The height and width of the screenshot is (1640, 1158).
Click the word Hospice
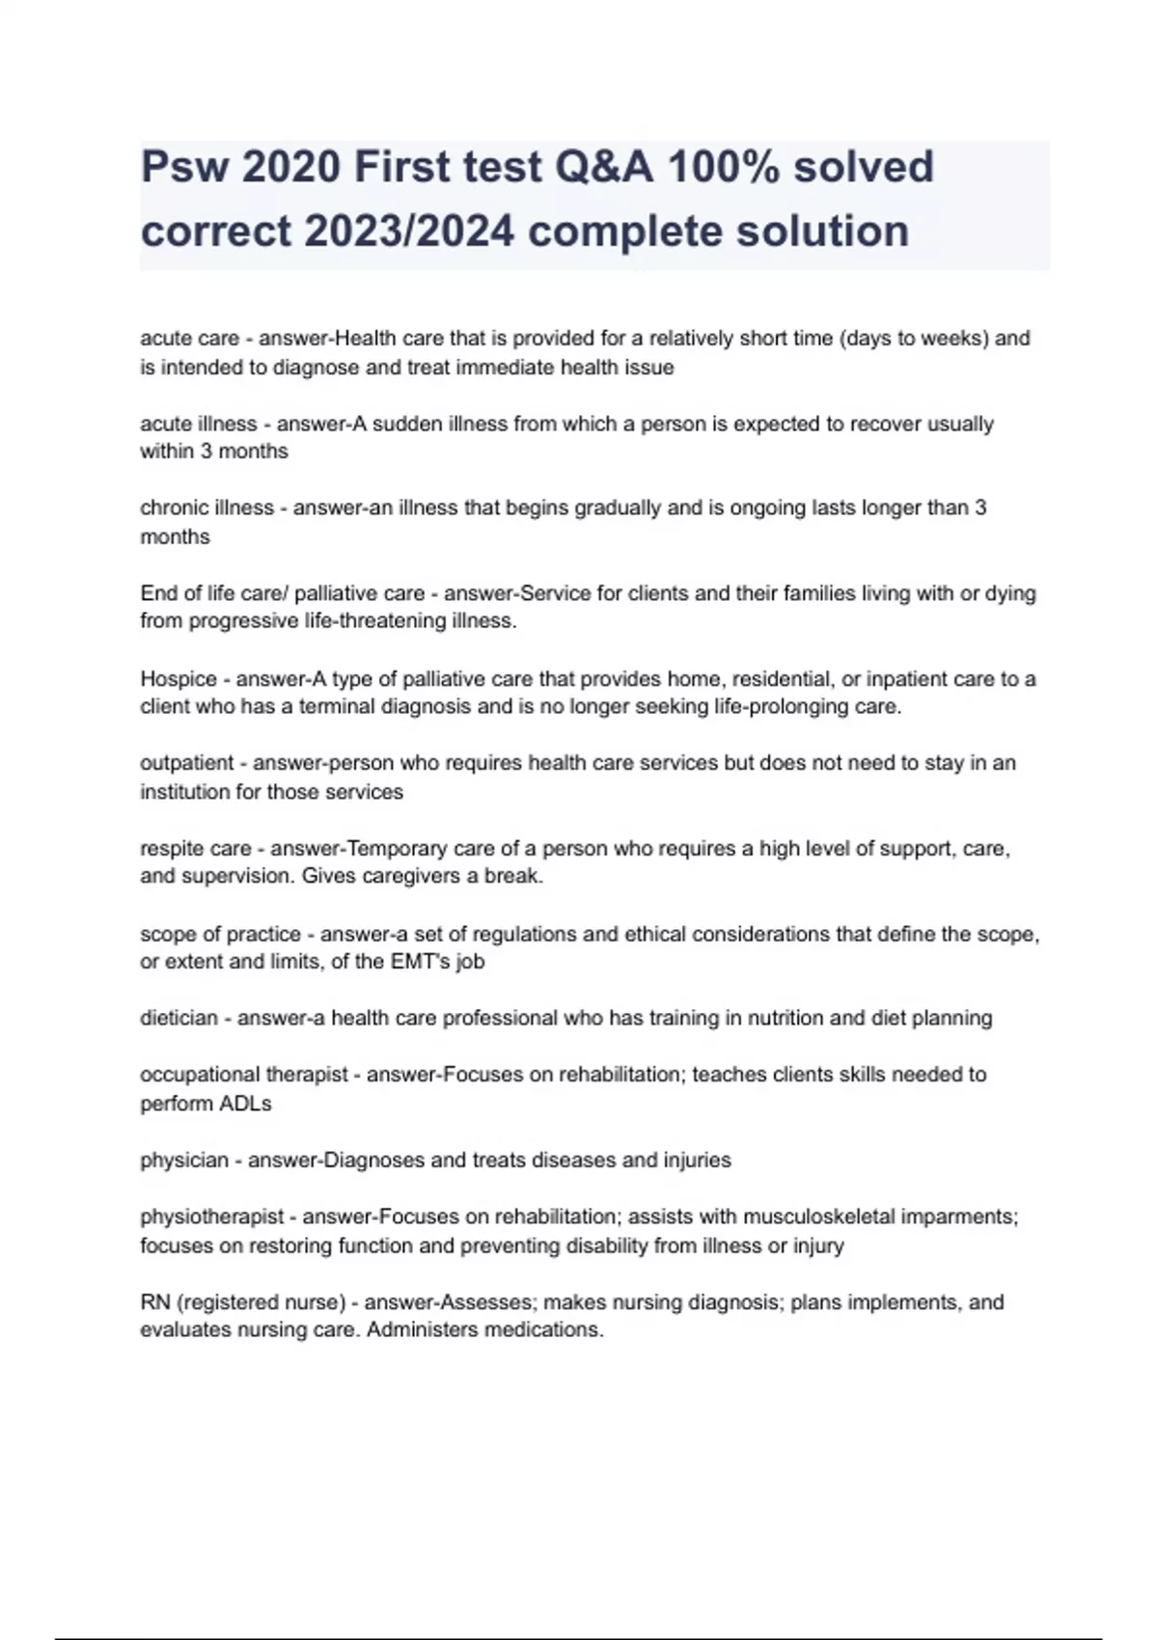click(x=179, y=679)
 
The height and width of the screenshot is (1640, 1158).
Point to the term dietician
click(x=179, y=1018)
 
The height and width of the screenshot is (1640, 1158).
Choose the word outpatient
click(x=187, y=763)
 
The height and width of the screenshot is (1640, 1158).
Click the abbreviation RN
click(x=155, y=1302)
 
